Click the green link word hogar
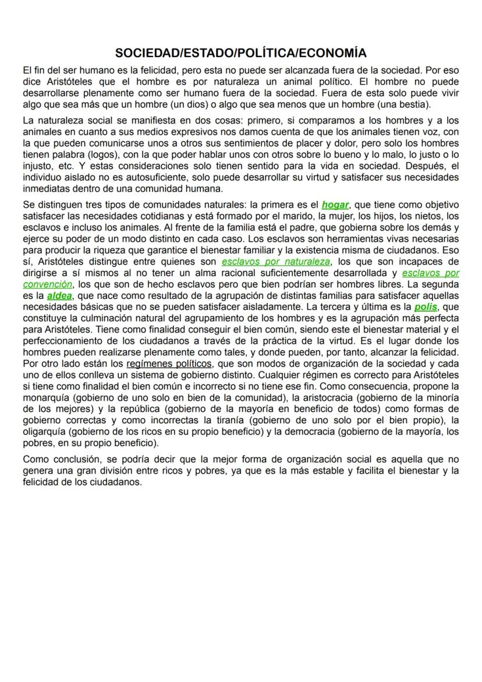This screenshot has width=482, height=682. tap(335, 204)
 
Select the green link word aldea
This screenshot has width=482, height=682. tap(59, 295)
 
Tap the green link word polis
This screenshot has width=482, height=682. tap(426, 306)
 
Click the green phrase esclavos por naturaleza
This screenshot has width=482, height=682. tap(275, 262)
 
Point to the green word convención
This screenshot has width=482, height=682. tap(48, 284)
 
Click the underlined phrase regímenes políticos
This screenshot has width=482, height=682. tap(169, 363)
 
